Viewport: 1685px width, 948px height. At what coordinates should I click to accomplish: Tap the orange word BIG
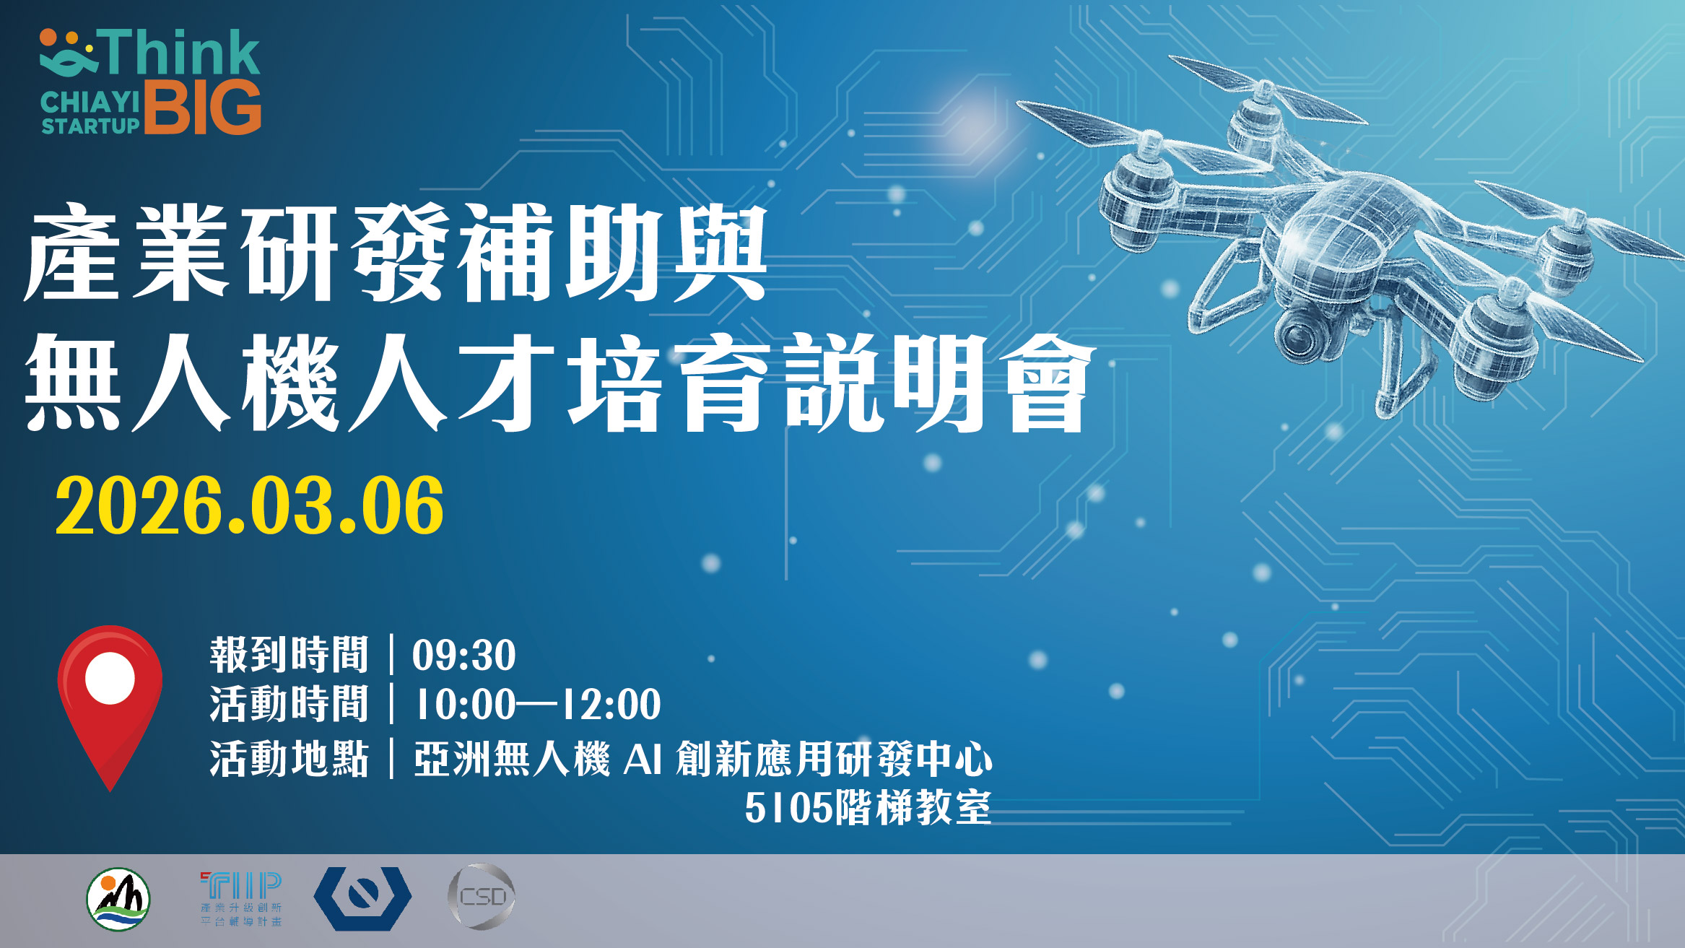(x=203, y=108)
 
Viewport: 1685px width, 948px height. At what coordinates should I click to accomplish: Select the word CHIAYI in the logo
(x=90, y=103)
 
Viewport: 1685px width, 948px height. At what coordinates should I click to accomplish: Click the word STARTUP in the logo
(x=90, y=126)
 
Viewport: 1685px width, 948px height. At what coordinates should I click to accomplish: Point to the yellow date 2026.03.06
(x=250, y=506)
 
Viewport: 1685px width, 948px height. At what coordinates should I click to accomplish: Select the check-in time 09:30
(x=463, y=656)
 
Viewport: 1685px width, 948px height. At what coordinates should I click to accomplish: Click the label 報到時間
(x=289, y=655)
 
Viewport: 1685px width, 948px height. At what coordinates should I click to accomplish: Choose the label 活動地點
(x=289, y=759)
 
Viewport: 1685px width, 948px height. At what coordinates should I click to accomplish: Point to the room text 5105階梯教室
(x=868, y=807)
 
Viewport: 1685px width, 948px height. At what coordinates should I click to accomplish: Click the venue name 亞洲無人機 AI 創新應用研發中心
(x=703, y=759)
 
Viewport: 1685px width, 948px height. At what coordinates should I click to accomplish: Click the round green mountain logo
(x=118, y=899)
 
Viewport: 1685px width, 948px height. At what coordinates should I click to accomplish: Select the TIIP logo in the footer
(x=241, y=899)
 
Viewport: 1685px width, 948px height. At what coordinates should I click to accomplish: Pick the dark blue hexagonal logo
(x=362, y=899)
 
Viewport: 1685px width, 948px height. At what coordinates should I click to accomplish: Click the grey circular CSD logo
(x=482, y=897)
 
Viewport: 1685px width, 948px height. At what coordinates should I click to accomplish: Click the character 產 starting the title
(x=73, y=252)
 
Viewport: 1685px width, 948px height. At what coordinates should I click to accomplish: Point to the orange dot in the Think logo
(x=49, y=37)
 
